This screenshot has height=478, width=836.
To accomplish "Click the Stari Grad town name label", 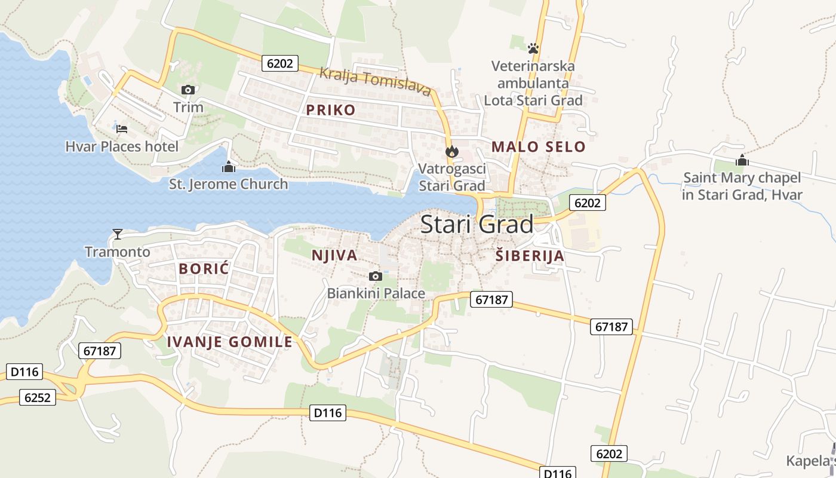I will coord(477,225).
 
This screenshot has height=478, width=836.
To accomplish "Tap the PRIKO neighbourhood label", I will coord(331,110).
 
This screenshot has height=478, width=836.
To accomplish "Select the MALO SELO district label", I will coord(538,146).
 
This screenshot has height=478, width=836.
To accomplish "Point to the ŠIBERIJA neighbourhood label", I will coord(530,256).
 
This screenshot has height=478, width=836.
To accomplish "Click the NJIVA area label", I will coord(334,256).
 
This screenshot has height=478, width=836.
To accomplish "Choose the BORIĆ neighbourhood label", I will coord(204,269).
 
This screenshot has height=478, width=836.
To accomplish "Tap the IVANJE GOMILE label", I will coord(230,342).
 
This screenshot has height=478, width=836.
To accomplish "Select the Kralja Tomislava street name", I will coord(375,82).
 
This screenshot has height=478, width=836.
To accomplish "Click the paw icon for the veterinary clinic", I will coord(533,48).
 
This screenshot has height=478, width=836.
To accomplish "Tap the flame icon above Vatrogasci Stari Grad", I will coord(451,152).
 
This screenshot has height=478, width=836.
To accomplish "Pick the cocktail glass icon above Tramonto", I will coord(118,234).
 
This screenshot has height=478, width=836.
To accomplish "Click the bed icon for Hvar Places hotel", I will coord(122,128).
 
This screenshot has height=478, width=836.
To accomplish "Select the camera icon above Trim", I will coord(188,90).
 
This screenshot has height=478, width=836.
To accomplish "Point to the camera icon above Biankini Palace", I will coord(376,275).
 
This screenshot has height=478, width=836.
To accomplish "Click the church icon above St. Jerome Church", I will coord(228,167).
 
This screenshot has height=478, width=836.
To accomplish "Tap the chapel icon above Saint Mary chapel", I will coord(742,160).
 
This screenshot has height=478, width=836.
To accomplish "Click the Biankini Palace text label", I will coord(376,293).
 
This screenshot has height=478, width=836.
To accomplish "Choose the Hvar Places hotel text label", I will coord(122,146).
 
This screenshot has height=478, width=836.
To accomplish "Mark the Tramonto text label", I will coord(118,252).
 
